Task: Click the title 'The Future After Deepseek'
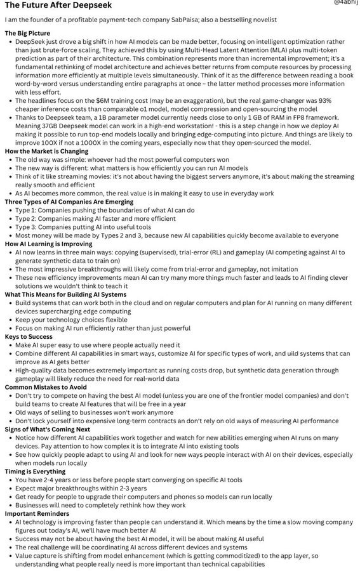(x=53, y=6)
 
